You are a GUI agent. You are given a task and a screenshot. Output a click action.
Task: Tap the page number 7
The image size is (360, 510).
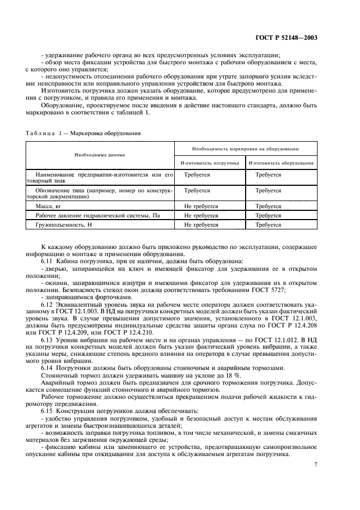click(315, 464)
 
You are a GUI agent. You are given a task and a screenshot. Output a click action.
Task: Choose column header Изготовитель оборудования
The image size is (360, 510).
click(281, 162)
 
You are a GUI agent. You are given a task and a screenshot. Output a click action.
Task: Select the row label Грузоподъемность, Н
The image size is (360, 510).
click(65, 224)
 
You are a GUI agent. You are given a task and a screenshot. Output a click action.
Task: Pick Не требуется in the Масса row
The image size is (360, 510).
click(201, 207)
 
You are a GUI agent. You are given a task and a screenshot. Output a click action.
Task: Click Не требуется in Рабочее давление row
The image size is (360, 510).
click(201, 216)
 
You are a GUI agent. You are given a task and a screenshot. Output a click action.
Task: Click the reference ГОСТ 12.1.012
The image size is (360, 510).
click(284, 339)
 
